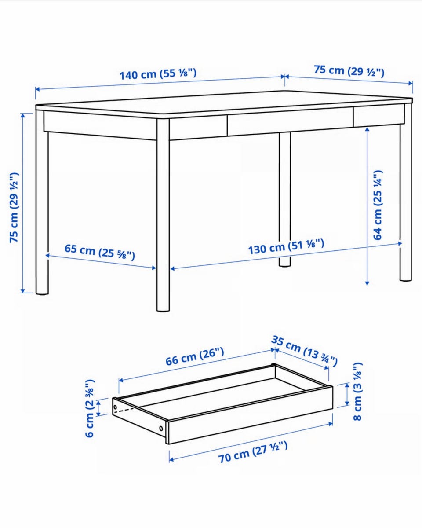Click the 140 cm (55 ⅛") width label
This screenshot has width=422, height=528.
158,74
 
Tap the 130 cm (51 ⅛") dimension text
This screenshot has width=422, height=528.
286,246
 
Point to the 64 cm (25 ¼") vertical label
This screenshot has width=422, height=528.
378,205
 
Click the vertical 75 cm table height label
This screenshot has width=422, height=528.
14,208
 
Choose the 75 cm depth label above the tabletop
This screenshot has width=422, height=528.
349,71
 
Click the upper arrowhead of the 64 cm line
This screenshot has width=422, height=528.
367,129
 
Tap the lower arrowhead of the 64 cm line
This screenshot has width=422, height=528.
367,283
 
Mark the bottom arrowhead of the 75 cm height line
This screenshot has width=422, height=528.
22,290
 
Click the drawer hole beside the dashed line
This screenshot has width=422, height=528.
115,407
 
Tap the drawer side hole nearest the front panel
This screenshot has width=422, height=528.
161,429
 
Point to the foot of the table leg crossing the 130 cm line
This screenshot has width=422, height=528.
284,264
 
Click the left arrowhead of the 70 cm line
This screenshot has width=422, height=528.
171,459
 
